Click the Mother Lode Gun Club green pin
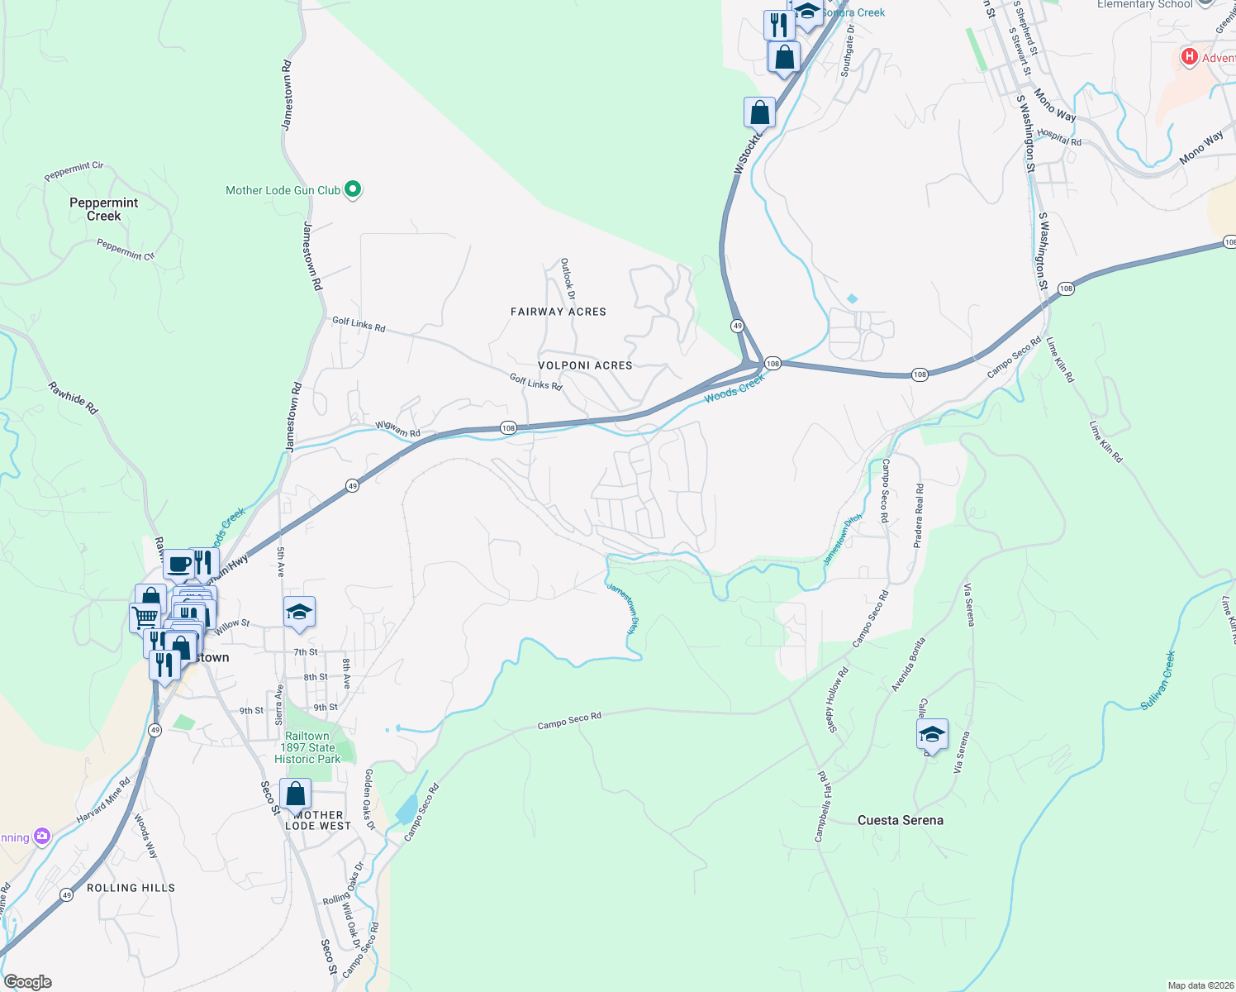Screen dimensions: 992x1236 pos(353,190)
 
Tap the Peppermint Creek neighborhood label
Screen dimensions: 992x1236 pos(104,209)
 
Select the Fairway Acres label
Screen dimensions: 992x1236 pos(559,312)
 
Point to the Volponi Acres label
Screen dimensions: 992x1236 pos(585,365)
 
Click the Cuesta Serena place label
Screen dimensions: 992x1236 pos(901,820)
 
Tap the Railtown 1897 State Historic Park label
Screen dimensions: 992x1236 pos(307,747)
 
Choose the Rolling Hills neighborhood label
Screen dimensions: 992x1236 pos(131,888)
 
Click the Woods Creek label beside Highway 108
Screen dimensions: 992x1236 pos(734,389)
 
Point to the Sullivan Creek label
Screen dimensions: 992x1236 pos(1158,680)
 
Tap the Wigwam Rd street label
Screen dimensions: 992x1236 pos(398,429)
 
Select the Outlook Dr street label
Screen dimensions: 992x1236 pos(568,279)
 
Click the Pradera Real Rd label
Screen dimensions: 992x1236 pos(919,516)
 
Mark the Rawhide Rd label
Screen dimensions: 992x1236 pos(73,398)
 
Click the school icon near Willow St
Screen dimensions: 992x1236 pos(299,613)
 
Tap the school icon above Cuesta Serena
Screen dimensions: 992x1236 pos(932,734)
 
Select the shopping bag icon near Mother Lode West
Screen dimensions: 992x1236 pos(295,794)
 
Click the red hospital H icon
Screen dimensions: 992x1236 pos(1189,57)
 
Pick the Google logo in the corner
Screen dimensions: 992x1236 pos(28,982)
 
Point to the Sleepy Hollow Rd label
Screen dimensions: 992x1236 pos(838,700)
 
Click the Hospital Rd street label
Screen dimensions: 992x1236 pos(1059,137)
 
